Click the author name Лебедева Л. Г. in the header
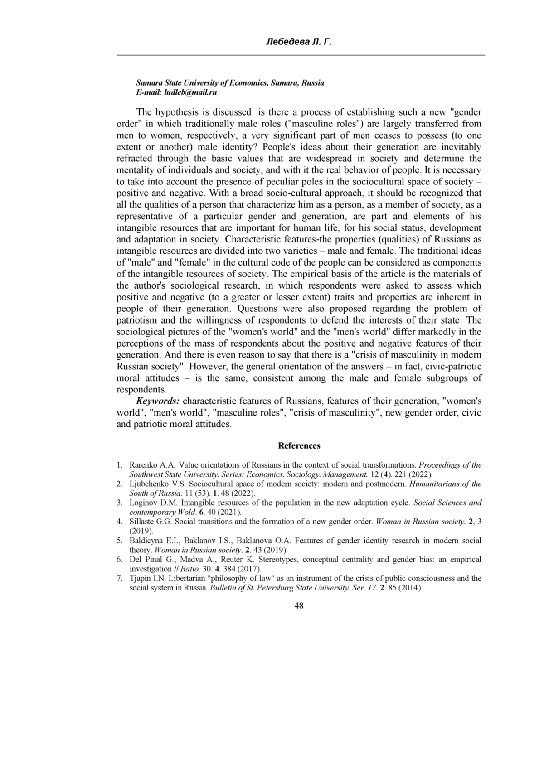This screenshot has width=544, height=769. pyautogui.click(x=299, y=43)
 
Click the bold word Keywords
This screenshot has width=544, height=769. pyautogui.click(x=158, y=401)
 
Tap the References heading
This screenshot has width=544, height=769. pyautogui.click(x=299, y=446)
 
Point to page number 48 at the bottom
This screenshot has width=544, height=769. pyautogui.click(x=299, y=606)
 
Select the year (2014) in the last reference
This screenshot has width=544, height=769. pyautogui.click(x=411, y=588)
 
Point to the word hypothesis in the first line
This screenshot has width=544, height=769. pyautogui.click(x=175, y=112)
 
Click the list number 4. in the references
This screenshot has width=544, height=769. pyautogui.click(x=120, y=522)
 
